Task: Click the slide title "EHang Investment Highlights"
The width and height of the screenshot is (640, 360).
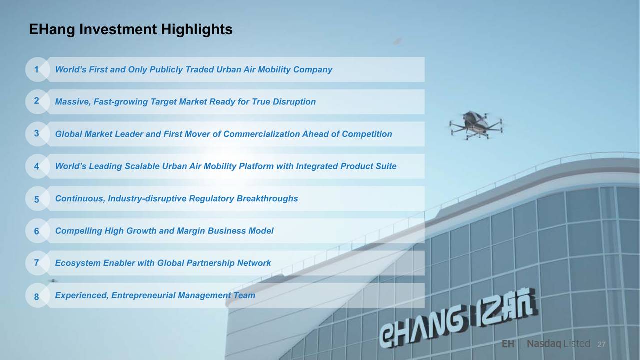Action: pyautogui.click(x=131, y=29)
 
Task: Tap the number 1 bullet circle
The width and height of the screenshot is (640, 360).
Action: pyautogui.click(x=37, y=69)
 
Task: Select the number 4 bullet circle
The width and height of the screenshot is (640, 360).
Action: pyautogui.click(x=37, y=166)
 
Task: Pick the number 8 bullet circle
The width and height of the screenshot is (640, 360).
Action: pyautogui.click(x=37, y=295)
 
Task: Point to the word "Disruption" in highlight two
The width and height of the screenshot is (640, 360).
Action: pyautogui.click(x=294, y=102)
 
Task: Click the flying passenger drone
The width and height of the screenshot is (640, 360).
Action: pyautogui.click(x=476, y=125)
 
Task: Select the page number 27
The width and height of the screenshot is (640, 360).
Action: pyautogui.click(x=601, y=345)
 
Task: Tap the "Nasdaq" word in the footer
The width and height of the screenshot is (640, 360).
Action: pyautogui.click(x=544, y=344)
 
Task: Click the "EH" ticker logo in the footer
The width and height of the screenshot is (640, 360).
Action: pyautogui.click(x=508, y=344)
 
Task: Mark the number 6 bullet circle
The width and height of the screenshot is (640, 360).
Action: pyautogui.click(x=37, y=231)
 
